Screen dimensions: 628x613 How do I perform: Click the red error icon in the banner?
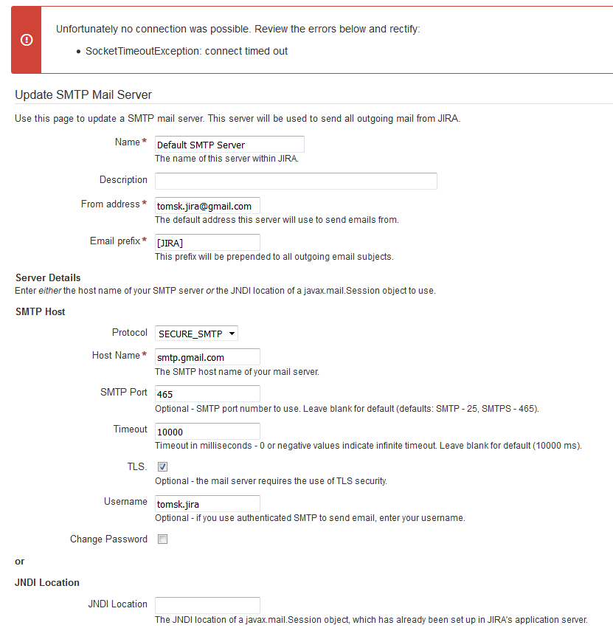click(27, 40)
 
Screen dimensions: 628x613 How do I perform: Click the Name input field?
click(229, 145)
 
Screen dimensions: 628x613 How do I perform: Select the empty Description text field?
click(296, 181)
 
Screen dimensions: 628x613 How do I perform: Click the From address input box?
click(207, 206)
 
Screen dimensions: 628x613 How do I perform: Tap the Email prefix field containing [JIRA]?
click(207, 243)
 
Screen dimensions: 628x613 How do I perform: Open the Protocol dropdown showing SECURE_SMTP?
click(196, 334)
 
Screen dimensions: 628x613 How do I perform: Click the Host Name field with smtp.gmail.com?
click(207, 357)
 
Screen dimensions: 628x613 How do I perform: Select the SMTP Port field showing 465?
click(207, 394)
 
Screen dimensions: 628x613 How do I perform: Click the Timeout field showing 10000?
click(207, 431)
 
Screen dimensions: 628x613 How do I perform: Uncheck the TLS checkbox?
click(163, 466)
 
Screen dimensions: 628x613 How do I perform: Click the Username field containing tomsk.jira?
click(207, 504)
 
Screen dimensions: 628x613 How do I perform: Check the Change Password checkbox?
click(163, 539)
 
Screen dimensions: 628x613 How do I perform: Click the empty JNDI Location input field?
click(207, 605)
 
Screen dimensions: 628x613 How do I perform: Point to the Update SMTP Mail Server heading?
click(83, 94)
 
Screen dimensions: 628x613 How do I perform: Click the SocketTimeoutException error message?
click(187, 51)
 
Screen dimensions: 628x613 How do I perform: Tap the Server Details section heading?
click(48, 277)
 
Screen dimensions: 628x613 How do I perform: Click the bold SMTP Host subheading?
click(40, 311)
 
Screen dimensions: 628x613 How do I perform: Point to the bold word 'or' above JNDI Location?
click(20, 561)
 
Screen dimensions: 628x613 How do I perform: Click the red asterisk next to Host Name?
click(145, 356)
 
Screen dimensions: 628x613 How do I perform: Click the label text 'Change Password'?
click(108, 539)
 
